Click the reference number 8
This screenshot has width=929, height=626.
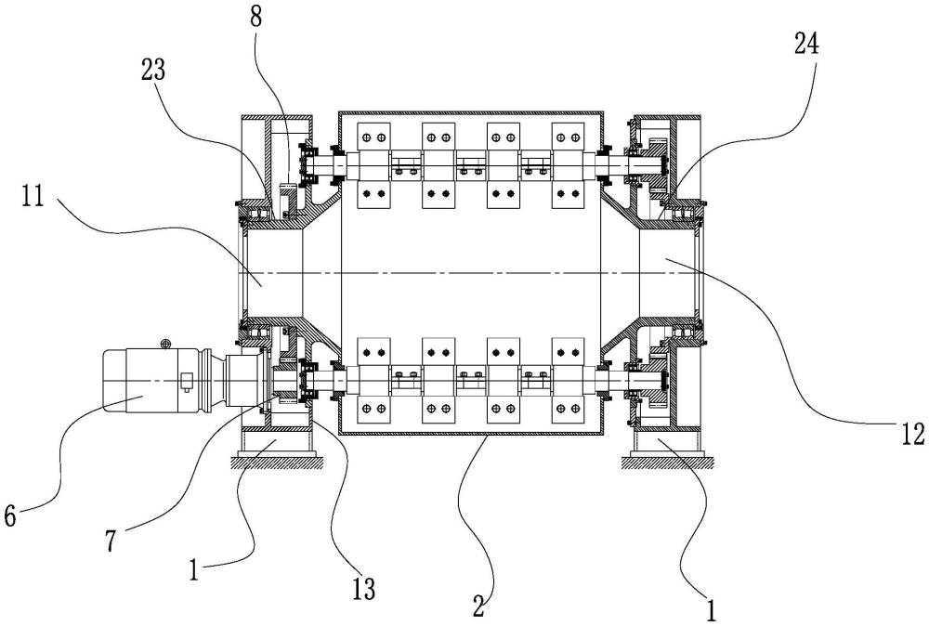255,17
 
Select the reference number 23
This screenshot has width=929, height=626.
153,71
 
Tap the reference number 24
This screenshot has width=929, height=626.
806,44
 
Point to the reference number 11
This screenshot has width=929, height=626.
33,196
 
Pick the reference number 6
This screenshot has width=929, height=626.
9,516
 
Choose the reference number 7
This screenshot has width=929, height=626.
111,541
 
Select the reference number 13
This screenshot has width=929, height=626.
364,589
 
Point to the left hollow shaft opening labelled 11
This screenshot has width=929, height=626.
269,272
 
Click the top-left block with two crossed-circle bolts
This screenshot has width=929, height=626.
373,137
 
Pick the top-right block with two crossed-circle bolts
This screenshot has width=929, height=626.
569,137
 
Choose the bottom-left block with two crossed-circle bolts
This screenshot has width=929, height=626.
373,409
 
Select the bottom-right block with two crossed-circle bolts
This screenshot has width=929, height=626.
569,409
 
